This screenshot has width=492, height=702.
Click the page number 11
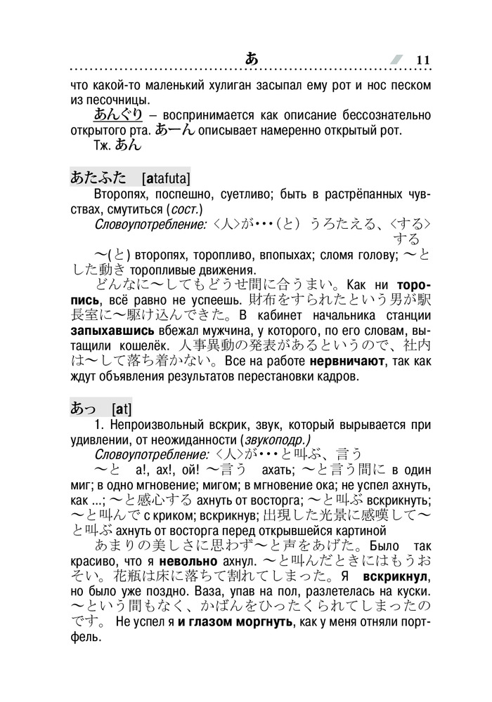422,60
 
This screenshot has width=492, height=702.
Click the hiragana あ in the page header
252,58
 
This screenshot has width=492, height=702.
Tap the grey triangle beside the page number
398,60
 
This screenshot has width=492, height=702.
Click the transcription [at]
121,409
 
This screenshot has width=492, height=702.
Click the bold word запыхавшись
107,329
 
